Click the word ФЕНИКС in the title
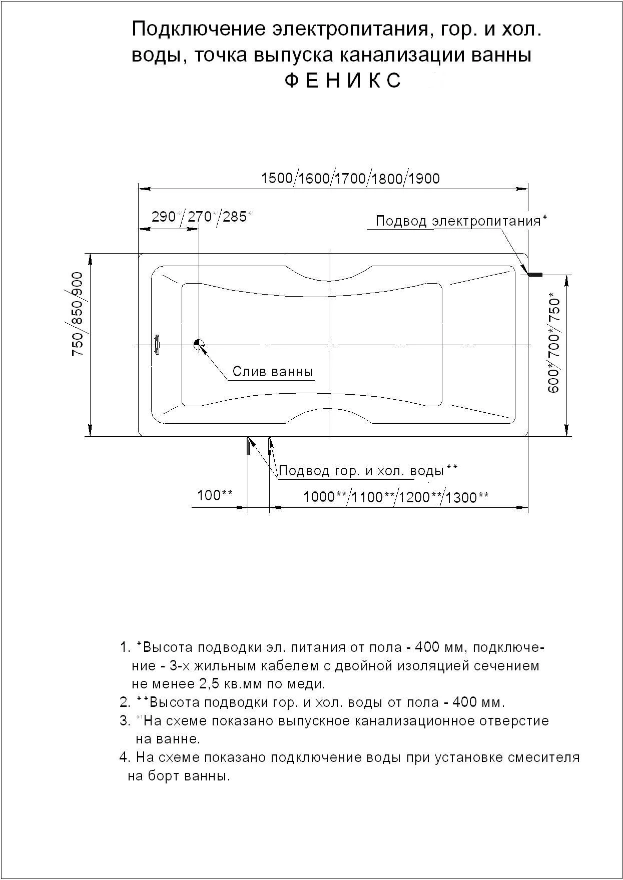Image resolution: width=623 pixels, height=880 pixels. tap(343, 81)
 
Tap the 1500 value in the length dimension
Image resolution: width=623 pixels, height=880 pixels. tap(277, 178)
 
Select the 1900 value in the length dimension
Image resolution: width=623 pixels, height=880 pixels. tap(424, 178)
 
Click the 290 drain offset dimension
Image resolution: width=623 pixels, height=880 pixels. tap(163, 217)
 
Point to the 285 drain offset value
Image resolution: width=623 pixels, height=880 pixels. tap(235, 217)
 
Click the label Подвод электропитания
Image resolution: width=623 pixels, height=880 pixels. tap(458, 221)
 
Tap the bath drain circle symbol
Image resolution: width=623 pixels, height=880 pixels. tap(199, 345)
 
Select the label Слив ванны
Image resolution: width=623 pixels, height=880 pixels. tap(273, 372)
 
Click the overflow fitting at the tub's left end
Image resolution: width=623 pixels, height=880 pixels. tap(157, 345)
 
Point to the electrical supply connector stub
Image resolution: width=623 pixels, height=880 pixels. tap(535, 274)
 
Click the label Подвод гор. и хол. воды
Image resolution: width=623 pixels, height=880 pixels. tap(361, 471)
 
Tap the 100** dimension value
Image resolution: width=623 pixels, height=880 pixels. tap(214, 495)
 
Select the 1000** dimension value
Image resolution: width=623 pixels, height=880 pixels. tap(325, 496)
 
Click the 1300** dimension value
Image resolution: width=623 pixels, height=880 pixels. tap(467, 497)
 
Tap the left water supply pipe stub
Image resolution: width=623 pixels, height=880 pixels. tap(248, 446)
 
